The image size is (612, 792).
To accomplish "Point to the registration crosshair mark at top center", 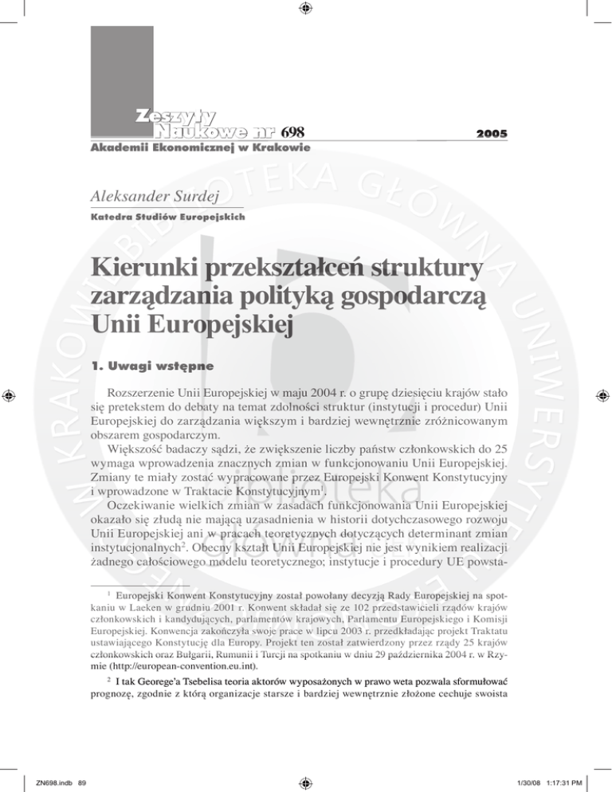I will (306, 10).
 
